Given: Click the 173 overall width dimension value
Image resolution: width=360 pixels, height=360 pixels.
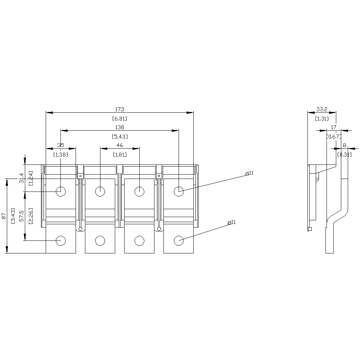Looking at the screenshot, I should pyautogui.click(x=120, y=109).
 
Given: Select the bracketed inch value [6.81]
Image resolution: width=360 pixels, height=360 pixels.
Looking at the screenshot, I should pyautogui.click(x=120, y=118).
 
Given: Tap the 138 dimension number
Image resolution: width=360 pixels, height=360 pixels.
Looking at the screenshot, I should pyautogui.click(x=120, y=127).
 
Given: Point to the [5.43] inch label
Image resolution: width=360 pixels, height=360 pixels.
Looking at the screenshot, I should pyautogui.click(x=120, y=136).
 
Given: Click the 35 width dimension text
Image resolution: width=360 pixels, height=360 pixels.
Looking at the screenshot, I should pyautogui.click(x=61, y=145).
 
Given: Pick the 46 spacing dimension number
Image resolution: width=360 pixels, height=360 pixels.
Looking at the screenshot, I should pyautogui.click(x=120, y=145).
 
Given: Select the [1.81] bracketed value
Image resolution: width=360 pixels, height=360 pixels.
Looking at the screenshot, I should pyautogui.click(x=120, y=154).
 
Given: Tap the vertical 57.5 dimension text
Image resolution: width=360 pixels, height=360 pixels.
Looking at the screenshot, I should pyautogui.click(x=21, y=216).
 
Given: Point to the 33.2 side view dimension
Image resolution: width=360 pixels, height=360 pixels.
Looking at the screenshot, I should pyautogui.click(x=321, y=109).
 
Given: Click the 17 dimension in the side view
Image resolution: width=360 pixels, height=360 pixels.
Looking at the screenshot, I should pyautogui.click(x=333, y=127).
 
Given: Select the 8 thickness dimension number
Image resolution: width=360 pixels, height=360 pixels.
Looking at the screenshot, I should pyautogui.click(x=344, y=145).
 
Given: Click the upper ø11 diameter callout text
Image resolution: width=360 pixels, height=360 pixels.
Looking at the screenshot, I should pyautogui.click(x=249, y=173).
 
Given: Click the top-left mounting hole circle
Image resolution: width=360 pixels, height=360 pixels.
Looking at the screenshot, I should pyautogui.click(x=61, y=191).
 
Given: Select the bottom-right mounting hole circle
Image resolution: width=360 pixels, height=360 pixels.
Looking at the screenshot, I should pyautogui.click(x=179, y=240).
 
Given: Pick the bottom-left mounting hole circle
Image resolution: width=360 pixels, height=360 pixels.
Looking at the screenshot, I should pyautogui.click(x=61, y=240).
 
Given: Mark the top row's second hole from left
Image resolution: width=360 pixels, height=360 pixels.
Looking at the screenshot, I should pyautogui.click(x=100, y=191).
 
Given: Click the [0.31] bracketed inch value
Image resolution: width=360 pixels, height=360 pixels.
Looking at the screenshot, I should pyautogui.click(x=345, y=154).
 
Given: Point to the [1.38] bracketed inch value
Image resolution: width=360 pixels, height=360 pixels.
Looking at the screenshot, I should pyautogui.click(x=61, y=154).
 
